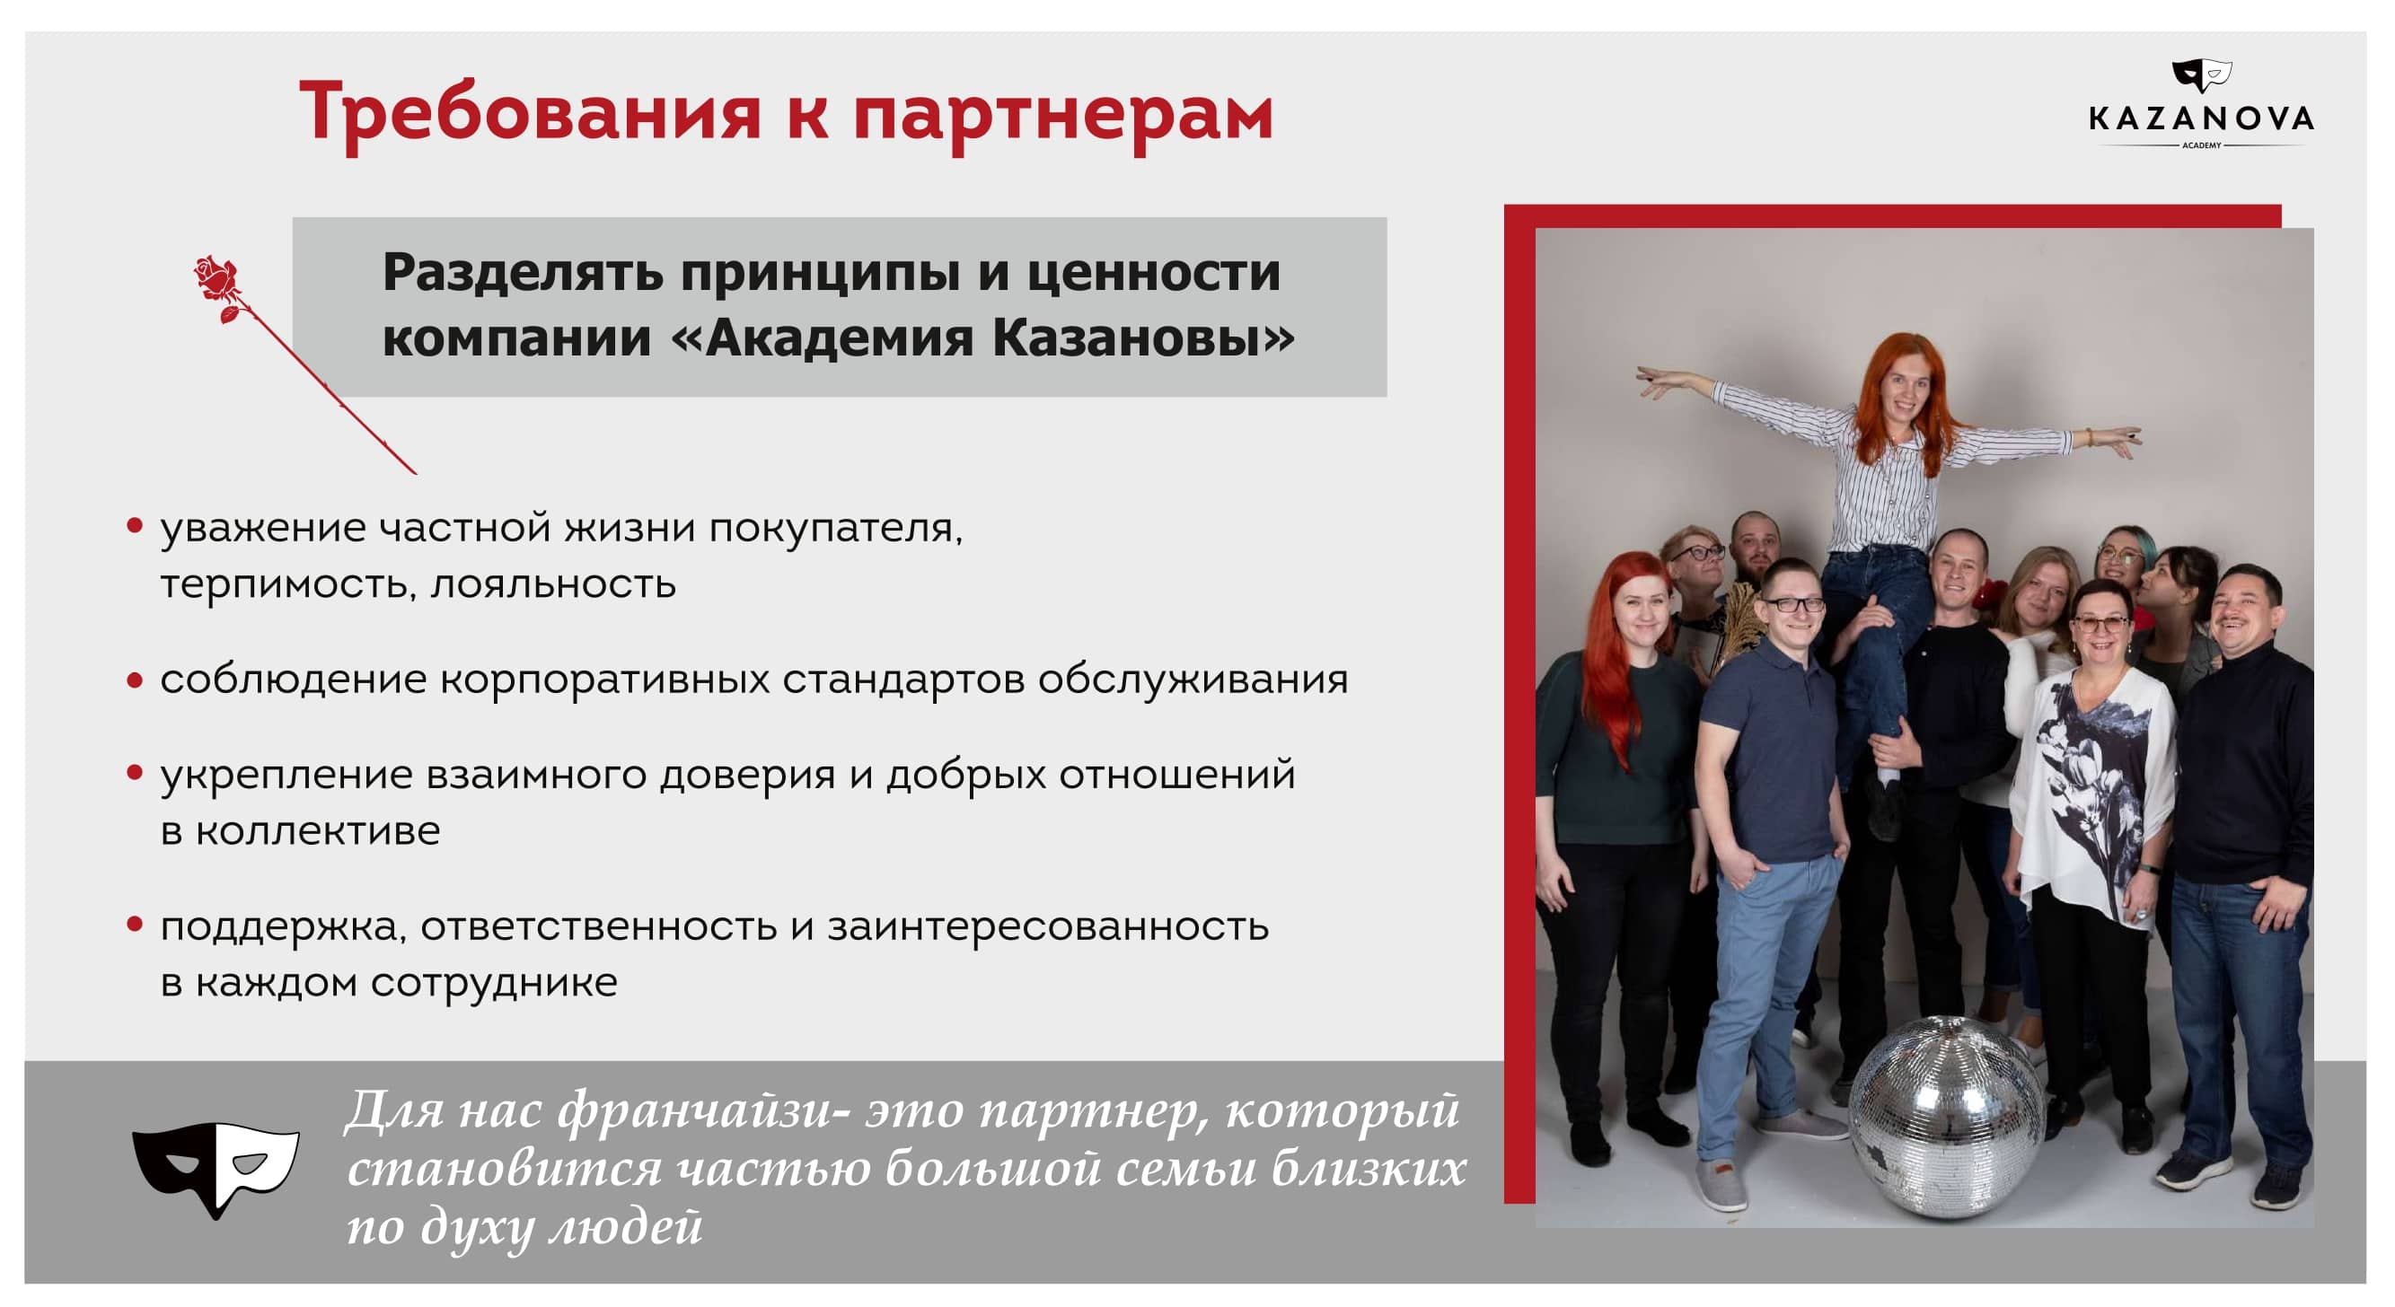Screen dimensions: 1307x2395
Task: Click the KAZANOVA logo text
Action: click(x=2201, y=119)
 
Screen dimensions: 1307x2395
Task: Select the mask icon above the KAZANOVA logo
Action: click(x=2201, y=75)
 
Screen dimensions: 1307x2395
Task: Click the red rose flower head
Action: click(x=216, y=277)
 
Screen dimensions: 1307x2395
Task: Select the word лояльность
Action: click(x=553, y=584)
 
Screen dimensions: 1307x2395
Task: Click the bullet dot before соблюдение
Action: click(x=135, y=680)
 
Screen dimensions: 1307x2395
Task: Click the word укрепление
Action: click(x=286, y=776)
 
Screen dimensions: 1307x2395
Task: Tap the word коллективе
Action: click(x=317, y=831)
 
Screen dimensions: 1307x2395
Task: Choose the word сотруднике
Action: click(x=494, y=984)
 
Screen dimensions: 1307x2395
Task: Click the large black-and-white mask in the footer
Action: click(x=216, y=1168)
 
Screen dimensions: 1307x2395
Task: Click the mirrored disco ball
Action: click(x=1946, y=1116)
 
